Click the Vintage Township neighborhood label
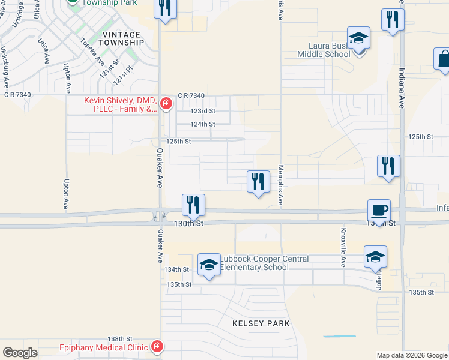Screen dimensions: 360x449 (x=121, y=38)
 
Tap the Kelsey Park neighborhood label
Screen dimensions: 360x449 (x=261, y=323)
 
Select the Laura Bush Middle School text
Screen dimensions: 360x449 (x=324, y=50)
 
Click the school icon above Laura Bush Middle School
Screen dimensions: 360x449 (x=359, y=38)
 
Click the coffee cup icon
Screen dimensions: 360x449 (x=379, y=211)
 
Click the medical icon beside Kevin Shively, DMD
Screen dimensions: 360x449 (x=166, y=105)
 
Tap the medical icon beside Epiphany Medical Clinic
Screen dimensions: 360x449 (x=157, y=347)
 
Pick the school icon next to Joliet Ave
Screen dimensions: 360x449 (x=375, y=257)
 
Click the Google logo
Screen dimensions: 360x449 (x=20, y=353)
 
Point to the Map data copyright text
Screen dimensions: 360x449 (x=411, y=355)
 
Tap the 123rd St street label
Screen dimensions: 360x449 (x=203, y=111)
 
